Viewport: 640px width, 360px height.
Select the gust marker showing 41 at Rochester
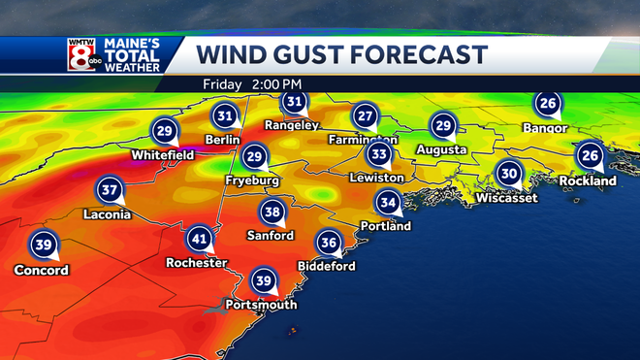point(200,239)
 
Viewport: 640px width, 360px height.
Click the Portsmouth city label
point(260,305)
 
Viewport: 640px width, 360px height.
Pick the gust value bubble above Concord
point(43,245)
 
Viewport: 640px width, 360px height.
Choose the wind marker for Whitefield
point(164,131)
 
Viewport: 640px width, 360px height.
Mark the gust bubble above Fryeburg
point(254,156)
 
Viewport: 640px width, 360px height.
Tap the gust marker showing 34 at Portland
point(388,202)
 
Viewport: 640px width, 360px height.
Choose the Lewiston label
point(377,179)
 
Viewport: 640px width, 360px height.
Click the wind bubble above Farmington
point(365,115)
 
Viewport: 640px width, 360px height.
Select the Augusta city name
point(441,150)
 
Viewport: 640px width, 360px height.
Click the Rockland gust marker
point(589,155)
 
